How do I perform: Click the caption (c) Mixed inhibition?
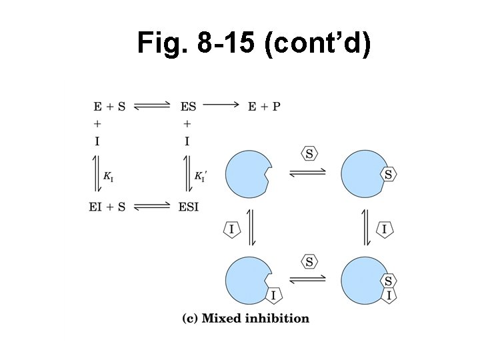click(x=246, y=318)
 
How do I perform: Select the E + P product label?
click(x=264, y=106)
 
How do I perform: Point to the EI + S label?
click(x=107, y=207)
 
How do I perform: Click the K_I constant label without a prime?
click(x=108, y=176)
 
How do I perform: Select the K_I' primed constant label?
click(x=201, y=176)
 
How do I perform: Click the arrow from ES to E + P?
click(x=220, y=105)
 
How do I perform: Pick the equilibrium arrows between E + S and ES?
click(x=153, y=105)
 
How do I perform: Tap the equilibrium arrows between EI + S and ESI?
click(x=153, y=207)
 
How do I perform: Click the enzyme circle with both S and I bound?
click(x=363, y=279)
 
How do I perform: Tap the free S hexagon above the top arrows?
click(x=309, y=154)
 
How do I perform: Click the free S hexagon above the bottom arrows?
click(x=309, y=261)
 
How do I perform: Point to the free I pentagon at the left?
click(x=231, y=229)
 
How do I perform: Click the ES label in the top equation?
click(x=188, y=106)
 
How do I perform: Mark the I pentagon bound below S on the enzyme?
click(x=389, y=295)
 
